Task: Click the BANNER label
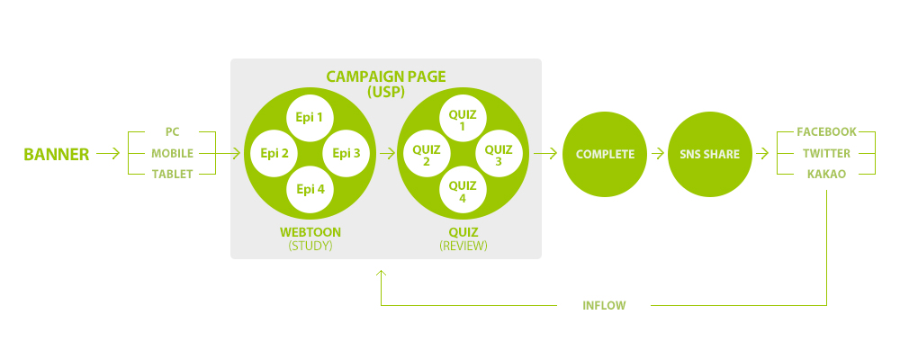(x=56, y=154)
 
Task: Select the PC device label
(x=173, y=132)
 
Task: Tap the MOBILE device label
(x=173, y=153)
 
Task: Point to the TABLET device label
(x=173, y=174)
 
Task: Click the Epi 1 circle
(x=310, y=118)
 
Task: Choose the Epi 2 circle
(x=274, y=153)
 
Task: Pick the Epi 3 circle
(x=346, y=153)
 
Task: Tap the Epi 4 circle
(x=310, y=189)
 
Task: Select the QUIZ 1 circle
(x=463, y=119)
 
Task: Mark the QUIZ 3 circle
(x=499, y=154)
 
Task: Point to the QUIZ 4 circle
(x=463, y=190)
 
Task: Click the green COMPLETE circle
(x=605, y=154)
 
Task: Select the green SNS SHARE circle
(x=710, y=154)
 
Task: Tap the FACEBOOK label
(x=827, y=132)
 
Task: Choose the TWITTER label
(x=827, y=153)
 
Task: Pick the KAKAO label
(x=827, y=174)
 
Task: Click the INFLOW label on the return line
(x=604, y=306)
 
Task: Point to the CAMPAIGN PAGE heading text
(x=385, y=76)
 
